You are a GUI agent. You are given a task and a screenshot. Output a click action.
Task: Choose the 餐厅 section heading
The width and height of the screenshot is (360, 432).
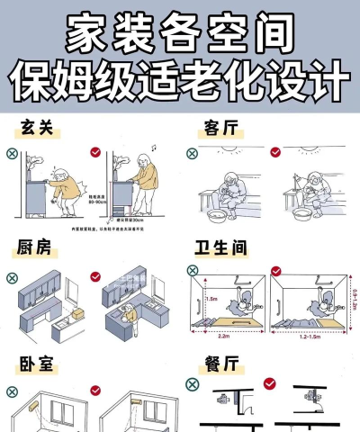point(219,364)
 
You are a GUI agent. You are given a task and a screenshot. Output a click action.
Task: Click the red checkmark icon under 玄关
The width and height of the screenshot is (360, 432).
point(96,154)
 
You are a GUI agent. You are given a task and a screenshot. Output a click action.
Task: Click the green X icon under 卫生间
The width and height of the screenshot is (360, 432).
point(191,269)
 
